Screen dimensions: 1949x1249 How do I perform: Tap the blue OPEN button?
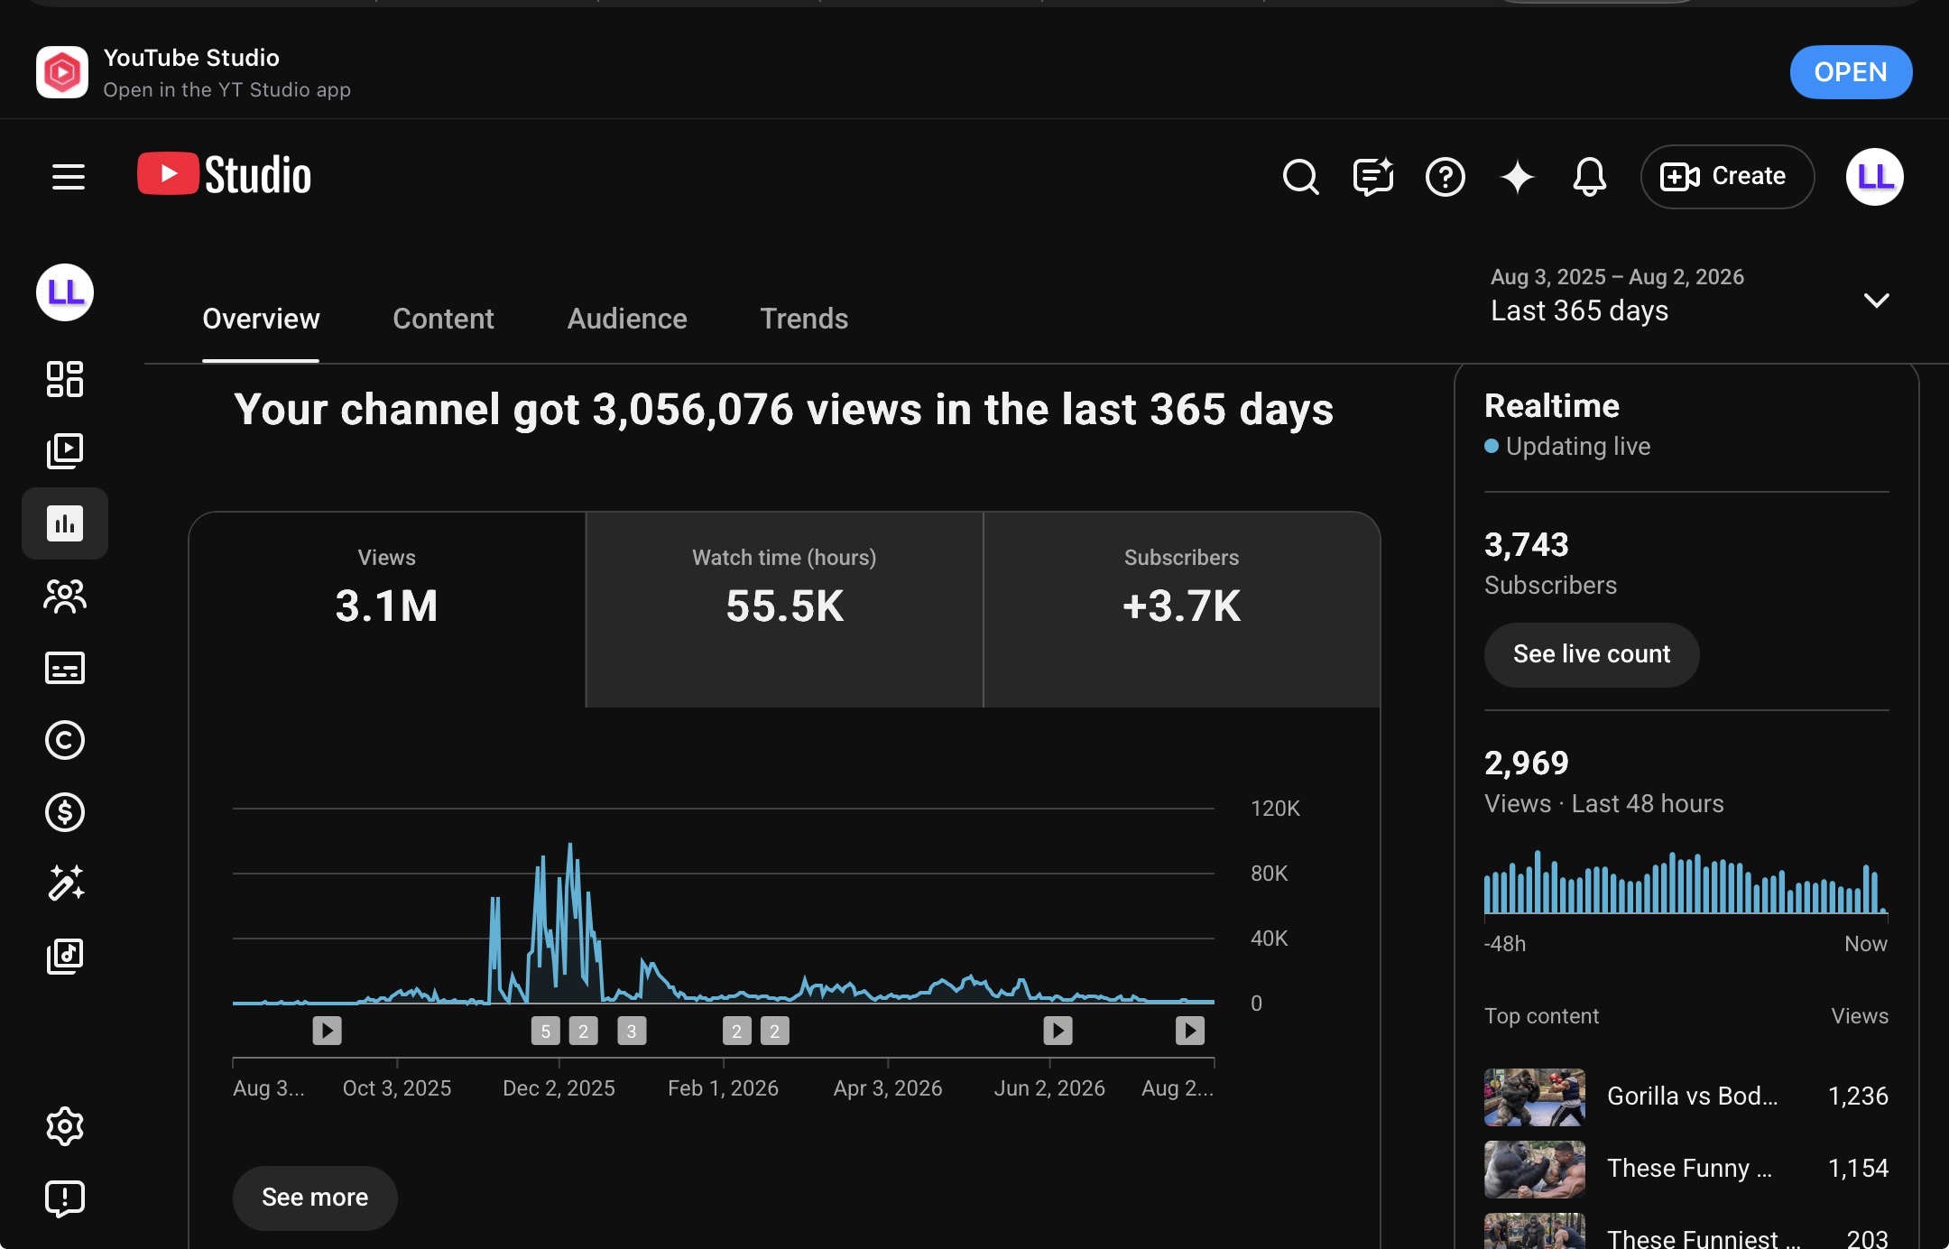click(1851, 72)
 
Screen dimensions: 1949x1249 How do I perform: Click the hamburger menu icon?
click(69, 177)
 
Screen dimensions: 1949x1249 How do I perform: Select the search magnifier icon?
click(1300, 177)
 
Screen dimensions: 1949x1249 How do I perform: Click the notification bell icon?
click(1589, 177)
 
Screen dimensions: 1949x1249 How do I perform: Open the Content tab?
click(443, 319)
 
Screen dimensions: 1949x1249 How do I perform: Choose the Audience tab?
click(627, 319)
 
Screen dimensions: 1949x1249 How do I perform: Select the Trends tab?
click(804, 319)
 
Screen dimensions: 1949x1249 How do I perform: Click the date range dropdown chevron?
click(1877, 301)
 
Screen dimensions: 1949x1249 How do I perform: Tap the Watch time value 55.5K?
click(784, 606)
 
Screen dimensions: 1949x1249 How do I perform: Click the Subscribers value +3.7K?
click(1181, 606)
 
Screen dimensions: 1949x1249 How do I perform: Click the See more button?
click(315, 1198)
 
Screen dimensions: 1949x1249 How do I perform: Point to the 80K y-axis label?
click(1269, 874)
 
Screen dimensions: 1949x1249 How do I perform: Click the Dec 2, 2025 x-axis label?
click(559, 1088)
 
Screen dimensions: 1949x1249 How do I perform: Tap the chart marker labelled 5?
click(545, 1031)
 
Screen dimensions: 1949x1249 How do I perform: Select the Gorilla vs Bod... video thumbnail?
click(1535, 1096)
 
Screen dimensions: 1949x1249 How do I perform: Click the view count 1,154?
click(1858, 1169)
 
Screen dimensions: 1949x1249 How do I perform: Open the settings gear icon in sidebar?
click(65, 1126)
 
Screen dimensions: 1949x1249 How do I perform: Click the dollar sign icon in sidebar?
click(65, 812)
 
